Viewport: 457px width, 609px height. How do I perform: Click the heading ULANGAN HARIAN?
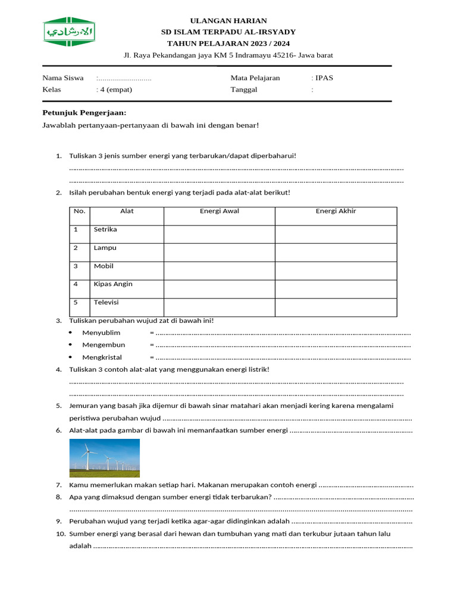228,21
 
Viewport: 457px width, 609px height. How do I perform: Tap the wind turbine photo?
105,458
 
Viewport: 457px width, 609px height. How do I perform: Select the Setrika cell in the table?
105,230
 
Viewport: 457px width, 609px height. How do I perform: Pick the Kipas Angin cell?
113,284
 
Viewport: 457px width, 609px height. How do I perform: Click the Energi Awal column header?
219,211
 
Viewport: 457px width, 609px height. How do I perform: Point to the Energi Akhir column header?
336,211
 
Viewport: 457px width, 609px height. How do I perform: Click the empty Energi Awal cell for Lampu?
219,252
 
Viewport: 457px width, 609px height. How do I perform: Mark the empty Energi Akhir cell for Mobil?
336,271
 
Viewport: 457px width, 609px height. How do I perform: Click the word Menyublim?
101,333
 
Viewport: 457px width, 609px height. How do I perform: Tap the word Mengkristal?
102,357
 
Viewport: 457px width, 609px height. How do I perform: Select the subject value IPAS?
325,78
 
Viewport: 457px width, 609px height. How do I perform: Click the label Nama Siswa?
62,78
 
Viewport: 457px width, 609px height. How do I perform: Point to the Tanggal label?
244,90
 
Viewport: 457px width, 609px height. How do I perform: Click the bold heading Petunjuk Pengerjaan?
84,113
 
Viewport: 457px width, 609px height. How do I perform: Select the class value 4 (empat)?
115,90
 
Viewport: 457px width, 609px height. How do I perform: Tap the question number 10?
60,534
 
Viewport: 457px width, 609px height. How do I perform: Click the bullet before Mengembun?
70,345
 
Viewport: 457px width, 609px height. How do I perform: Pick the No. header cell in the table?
79,211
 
